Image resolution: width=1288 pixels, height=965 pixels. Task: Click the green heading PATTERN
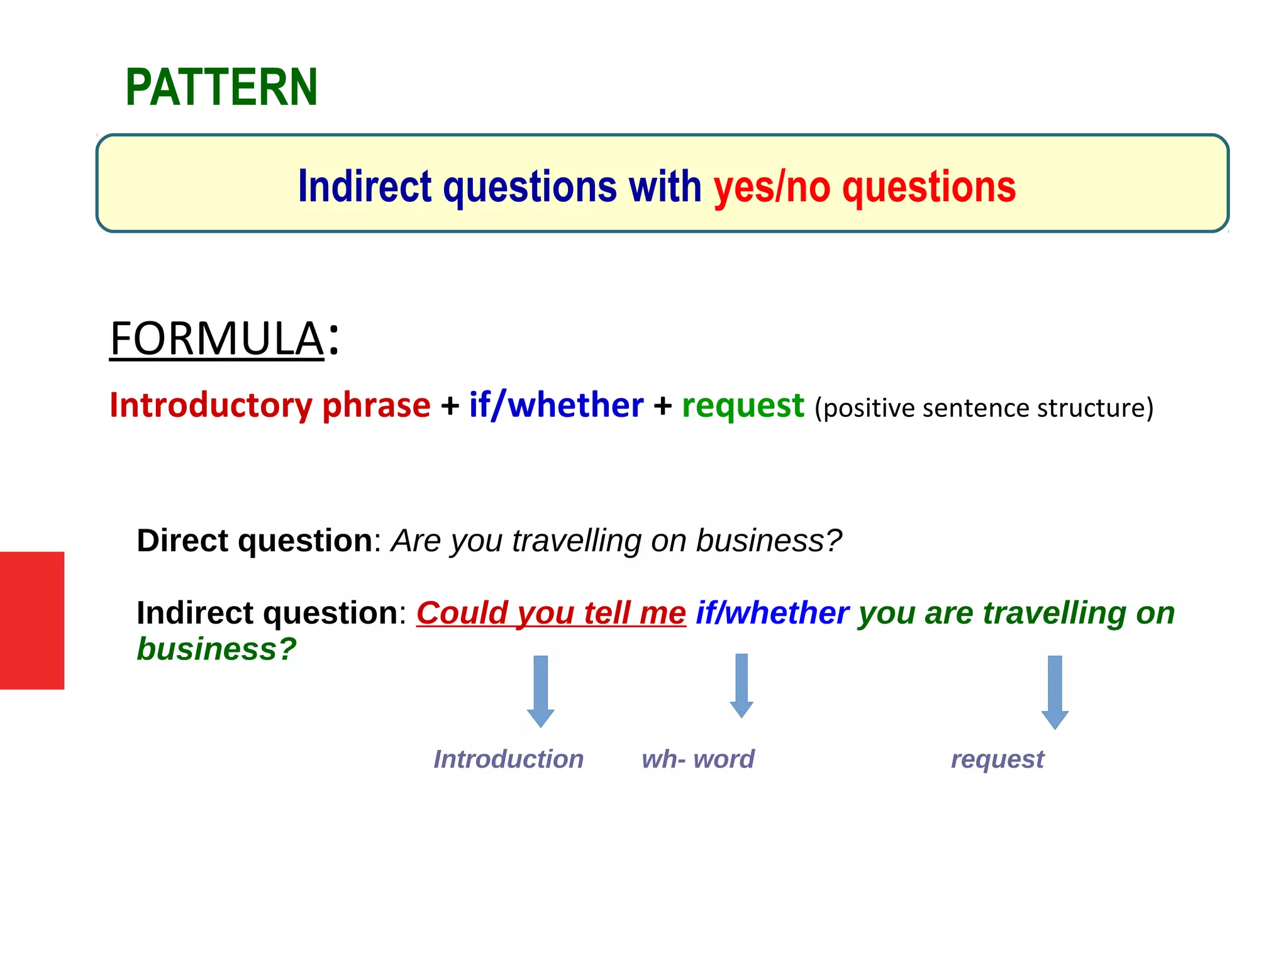[x=221, y=87]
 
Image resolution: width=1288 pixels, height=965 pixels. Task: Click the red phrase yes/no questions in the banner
[x=864, y=187]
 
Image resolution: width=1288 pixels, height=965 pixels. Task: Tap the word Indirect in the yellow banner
[x=365, y=187]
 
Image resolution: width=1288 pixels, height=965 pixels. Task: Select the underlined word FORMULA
[x=216, y=339]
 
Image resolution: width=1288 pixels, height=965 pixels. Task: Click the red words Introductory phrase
[x=270, y=405]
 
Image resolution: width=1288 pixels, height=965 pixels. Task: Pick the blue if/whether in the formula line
[x=556, y=405]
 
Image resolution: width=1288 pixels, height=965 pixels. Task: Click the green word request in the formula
[x=743, y=405]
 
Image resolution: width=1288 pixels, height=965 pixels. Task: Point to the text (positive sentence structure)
[x=984, y=408]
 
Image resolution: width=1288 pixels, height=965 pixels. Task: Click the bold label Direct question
[x=255, y=541]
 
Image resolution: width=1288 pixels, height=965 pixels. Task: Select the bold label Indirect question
[x=267, y=613]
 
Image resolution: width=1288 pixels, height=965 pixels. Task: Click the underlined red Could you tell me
[x=551, y=613]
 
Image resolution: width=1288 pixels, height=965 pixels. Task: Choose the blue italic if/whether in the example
[x=772, y=613]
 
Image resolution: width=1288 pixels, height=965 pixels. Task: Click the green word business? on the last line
[x=216, y=649]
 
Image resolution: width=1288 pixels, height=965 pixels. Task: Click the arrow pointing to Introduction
[x=541, y=692]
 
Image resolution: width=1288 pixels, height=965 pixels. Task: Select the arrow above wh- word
[x=741, y=685]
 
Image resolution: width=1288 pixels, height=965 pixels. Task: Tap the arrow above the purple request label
[x=1055, y=692]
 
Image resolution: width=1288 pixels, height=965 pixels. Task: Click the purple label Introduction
[x=508, y=759]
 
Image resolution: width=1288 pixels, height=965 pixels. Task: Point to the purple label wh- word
[x=697, y=759]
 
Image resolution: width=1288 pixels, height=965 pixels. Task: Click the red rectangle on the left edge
[x=31, y=620]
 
